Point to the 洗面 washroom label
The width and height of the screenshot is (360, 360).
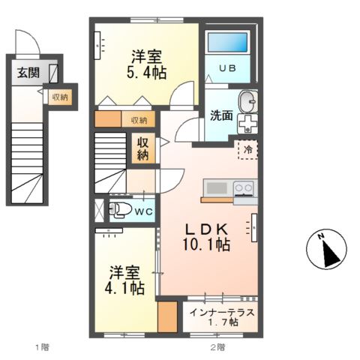click(220, 117)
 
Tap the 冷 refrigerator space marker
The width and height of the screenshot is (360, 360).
click(247, 149)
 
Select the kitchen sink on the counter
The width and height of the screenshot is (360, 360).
click(215, 187)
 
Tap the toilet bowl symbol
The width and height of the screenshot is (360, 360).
click(118, 210)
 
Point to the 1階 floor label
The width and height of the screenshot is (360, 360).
click(40, 346)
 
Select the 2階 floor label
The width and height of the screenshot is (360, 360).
click(217, 346)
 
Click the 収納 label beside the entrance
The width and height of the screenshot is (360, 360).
click(59, 97)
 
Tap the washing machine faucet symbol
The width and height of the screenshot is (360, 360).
click(247, 123)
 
